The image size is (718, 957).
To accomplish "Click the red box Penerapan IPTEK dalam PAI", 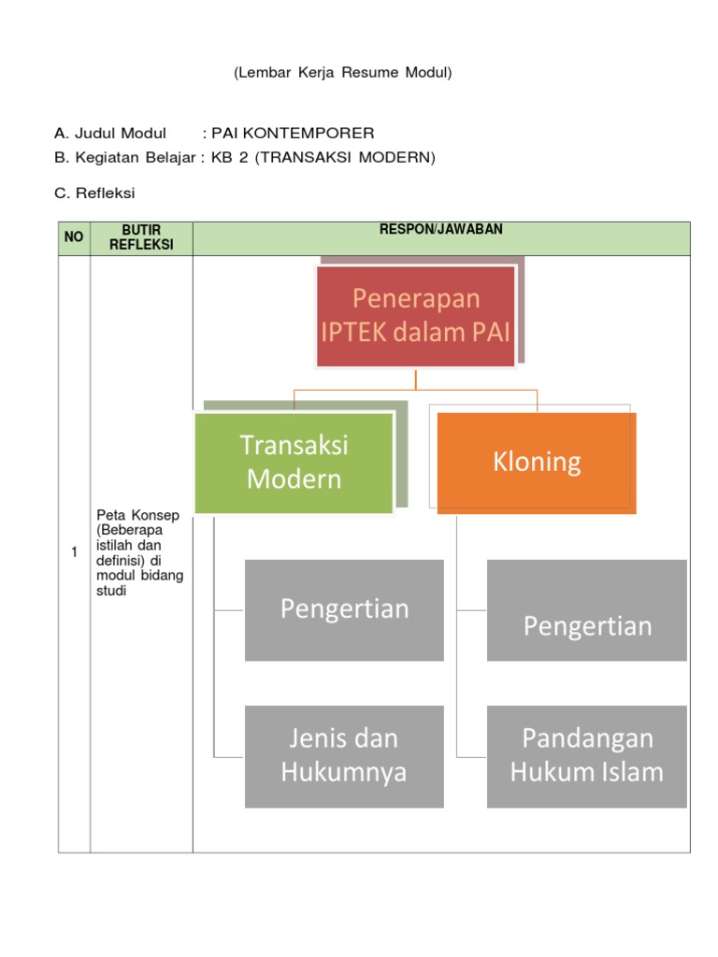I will pos(416,316).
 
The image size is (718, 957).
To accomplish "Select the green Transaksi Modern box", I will pos(294,463).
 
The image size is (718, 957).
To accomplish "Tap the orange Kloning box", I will pos(537,462).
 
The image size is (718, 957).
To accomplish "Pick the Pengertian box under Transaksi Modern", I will pos(344,609).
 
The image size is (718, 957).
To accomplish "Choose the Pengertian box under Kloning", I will pos(587,610).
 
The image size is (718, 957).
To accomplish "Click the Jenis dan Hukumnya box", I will pos(344,755).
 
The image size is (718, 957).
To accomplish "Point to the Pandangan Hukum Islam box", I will pos(587,755).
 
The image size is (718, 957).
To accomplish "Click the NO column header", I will pos(74,237).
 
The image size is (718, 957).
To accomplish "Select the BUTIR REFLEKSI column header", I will pos(142,237).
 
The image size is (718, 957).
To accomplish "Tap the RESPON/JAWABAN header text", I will pos(440,230).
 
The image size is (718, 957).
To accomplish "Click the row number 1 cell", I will pos(74,552).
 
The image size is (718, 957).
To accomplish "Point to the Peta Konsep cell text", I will pos(140,552).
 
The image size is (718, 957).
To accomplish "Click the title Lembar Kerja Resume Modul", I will pos(342,72).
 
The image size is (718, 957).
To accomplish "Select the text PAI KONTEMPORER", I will pos(294,133).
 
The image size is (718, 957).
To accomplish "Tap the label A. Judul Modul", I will pos(110,133).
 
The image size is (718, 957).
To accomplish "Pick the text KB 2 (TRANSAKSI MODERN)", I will pos(323,157).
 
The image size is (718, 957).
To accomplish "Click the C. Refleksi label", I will pos(95,193).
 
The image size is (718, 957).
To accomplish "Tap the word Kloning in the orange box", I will pos(537,462).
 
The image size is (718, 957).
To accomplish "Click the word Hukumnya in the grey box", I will pos(344,772).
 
